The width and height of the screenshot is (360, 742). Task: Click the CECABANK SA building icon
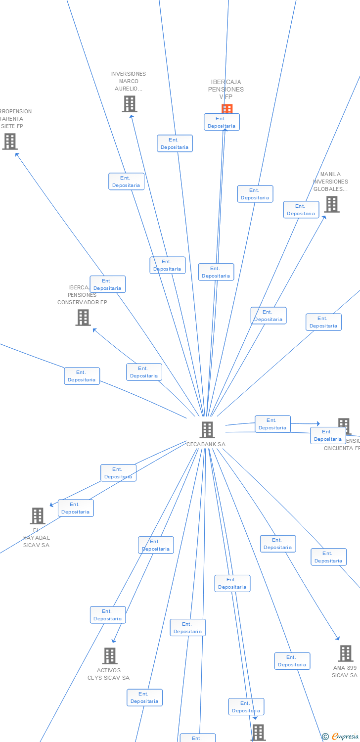pyautogui.click(x=207, y=429)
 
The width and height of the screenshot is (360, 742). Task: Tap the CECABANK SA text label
pyautogui.click(x=206, y=444)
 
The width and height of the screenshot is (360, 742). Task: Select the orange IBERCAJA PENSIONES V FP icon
pyautogui.click(x=227, y=108)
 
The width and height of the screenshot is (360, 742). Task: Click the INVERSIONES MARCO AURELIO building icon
pyautogui.click(x=129, y=104)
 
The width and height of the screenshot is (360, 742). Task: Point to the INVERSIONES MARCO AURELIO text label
pyautogui.click(x=129, y=82)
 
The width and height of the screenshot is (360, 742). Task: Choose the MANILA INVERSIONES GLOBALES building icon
pyautogui.click(x=331, y=204)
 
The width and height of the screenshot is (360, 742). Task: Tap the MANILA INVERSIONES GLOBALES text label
pyautogui.click(x=330, y=182)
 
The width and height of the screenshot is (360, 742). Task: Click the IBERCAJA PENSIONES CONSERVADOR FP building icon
pyautogui.click(x=83, y=317)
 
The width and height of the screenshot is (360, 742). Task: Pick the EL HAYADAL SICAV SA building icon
pyautogui.click(x=38, y=515)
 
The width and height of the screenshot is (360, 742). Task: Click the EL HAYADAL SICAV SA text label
pyautogui.click(x=37, y=538)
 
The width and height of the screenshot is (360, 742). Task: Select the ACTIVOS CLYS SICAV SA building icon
pyautogui.click(x=110, y=656)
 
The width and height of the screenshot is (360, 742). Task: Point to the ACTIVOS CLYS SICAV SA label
pyautogui.click(x=108, y=674)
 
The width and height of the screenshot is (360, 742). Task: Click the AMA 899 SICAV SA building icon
pyautogui.click(x=346, y=653)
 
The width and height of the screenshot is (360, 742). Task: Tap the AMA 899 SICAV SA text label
pyautogui.click(x=345, y=671)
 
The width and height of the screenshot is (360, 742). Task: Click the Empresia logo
pyautogui.click(x=345, y=736)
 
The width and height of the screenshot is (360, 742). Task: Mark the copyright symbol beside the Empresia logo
pyautogui.click(x=325, y=737)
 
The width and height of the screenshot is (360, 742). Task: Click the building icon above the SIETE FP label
pyautogui.click(x=10, y=141)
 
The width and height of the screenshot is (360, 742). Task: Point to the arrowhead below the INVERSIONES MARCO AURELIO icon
pyautogui.click(x=131, y=116)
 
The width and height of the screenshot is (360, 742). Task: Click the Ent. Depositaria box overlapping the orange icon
pyautogui.click(x=222, y=122)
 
